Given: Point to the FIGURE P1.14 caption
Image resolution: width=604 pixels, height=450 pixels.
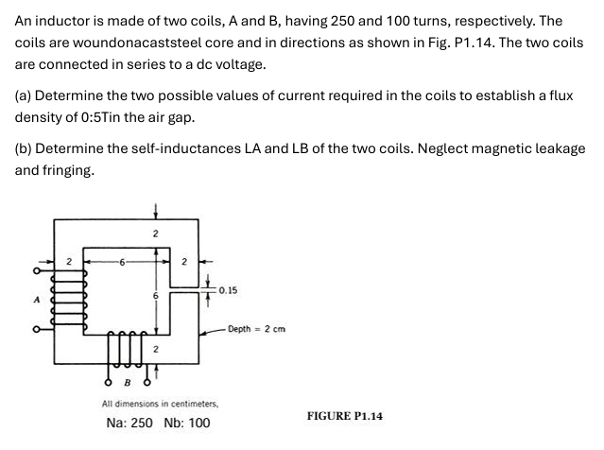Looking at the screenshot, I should coord(345,416).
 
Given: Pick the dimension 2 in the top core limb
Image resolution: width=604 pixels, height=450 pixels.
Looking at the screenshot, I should coord(155,233).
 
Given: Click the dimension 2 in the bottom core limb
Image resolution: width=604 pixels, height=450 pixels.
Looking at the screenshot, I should coord(155,350).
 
